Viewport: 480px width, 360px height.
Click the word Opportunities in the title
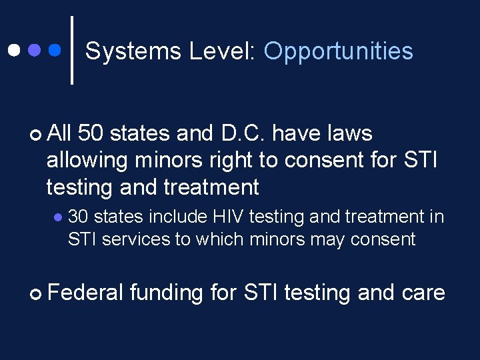[338, 52]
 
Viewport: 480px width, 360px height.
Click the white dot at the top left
[13, 50]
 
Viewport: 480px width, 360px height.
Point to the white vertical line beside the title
[71, 50]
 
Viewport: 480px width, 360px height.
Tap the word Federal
[85, 293]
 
